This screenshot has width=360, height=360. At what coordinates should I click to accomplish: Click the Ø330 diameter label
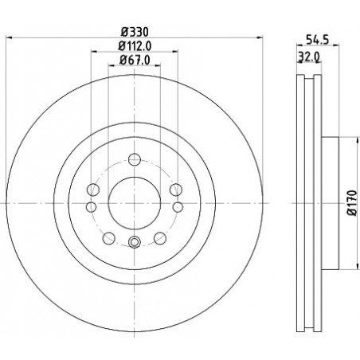(135, 33)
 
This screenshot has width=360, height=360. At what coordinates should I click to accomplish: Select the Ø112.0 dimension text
(135, 46)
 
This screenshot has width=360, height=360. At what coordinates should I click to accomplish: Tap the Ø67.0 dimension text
(135, 60)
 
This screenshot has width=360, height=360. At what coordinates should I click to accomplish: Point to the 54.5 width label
(317, 40)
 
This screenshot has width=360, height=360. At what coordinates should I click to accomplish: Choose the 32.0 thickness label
(308, 57)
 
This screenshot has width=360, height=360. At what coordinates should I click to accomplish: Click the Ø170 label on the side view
(353, 203)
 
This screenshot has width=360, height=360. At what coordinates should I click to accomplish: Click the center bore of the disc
(135, 203)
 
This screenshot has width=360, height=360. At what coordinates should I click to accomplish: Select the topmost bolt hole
(134, 159)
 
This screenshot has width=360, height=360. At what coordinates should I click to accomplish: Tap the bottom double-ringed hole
(135, 242)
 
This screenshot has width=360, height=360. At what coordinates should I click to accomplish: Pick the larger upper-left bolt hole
(93, 190)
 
